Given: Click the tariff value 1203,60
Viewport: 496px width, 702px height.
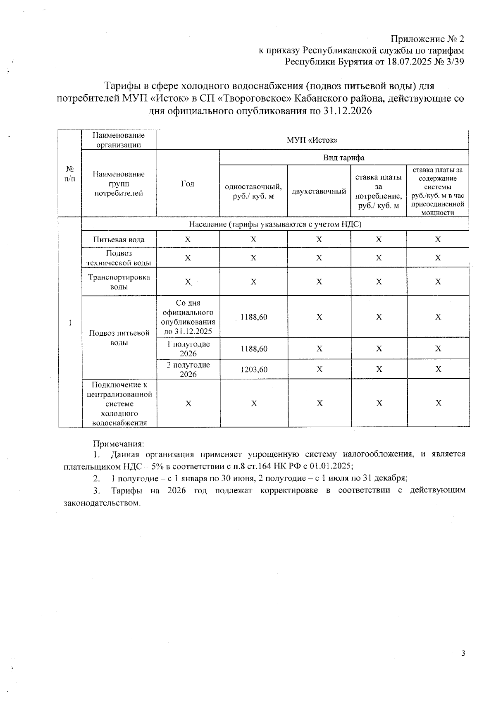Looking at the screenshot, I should (x=254, y=369).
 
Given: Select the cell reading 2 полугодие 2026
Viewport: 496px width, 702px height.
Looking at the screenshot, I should (x=188, y=369).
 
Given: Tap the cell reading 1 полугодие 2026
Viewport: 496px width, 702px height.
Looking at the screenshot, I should (x=188, y=349).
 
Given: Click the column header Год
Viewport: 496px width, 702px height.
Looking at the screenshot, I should (x=188, y=184).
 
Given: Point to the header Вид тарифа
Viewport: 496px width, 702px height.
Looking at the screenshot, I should (x=343, y=158).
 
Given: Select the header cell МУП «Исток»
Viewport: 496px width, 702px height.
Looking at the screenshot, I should (x=312, y=140).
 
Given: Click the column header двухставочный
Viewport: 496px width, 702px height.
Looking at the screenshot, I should (x=319, y=191).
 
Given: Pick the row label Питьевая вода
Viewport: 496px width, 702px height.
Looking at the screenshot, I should (x=119, y=239).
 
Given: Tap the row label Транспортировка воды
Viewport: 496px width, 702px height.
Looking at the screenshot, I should (x=119, y=282).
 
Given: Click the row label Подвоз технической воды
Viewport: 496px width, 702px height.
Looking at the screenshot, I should (x=119, y=258).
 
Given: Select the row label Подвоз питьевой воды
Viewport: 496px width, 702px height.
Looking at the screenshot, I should (x=119, y=337).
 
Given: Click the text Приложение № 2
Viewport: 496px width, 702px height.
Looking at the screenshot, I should (x=427, y=39).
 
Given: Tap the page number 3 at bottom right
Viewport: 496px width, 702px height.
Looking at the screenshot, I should (x=463, y=653).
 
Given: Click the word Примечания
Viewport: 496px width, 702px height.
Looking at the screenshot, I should (x=118, y=444).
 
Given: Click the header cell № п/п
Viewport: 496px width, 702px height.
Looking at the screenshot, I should (x=70, y=174).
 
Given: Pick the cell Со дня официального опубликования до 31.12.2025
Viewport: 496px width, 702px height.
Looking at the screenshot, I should (x=188, y=317).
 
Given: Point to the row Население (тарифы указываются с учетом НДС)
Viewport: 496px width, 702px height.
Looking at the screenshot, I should (x=275, y=224).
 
